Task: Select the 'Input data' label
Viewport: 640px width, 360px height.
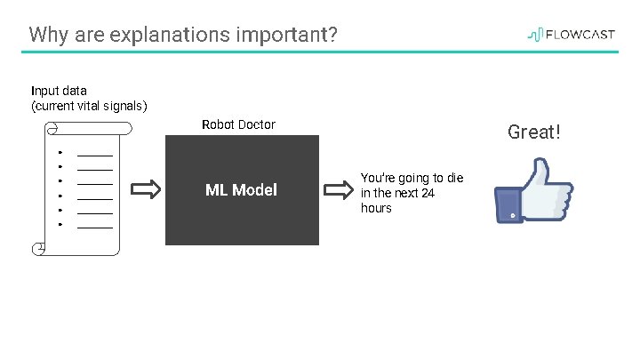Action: (x=59, y=91)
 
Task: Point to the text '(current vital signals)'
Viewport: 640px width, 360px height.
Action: (x=89, y=106)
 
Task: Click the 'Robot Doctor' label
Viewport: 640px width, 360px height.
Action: (x=238, y=124)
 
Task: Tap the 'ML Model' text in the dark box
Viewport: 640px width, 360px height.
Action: (x=241, y=189)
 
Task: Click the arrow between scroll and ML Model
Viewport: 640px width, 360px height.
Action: (x=146, y=189)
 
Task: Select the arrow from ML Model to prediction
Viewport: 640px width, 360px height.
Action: (x=338, y=190)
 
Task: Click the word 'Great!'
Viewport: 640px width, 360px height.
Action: (x=534, y=132)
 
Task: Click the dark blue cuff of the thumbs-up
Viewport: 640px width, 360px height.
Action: (x=508, y=205)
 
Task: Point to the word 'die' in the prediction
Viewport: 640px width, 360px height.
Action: (x=454, y=178)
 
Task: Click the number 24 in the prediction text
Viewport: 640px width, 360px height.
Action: (x=427, y=193)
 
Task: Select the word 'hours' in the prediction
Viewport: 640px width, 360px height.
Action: (x=376, y=208)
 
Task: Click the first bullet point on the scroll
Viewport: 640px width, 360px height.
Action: (x=59, y=152)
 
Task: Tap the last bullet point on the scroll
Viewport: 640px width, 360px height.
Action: (x=59, y=224)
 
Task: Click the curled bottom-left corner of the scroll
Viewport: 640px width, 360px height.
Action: (x=37, y=249)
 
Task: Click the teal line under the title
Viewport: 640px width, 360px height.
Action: (x=320, y=52)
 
